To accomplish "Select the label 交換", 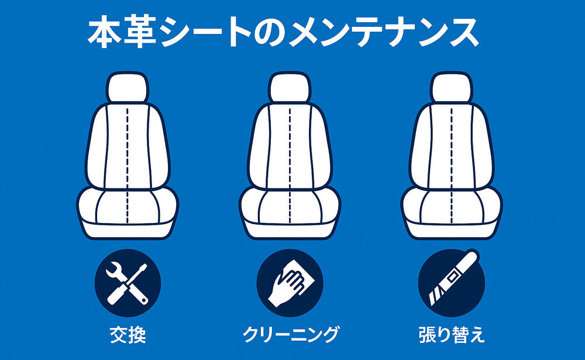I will click(x=128, y=334).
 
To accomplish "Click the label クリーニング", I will click(x=290, y=334).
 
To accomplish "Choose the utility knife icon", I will click(x=451, y=282).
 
